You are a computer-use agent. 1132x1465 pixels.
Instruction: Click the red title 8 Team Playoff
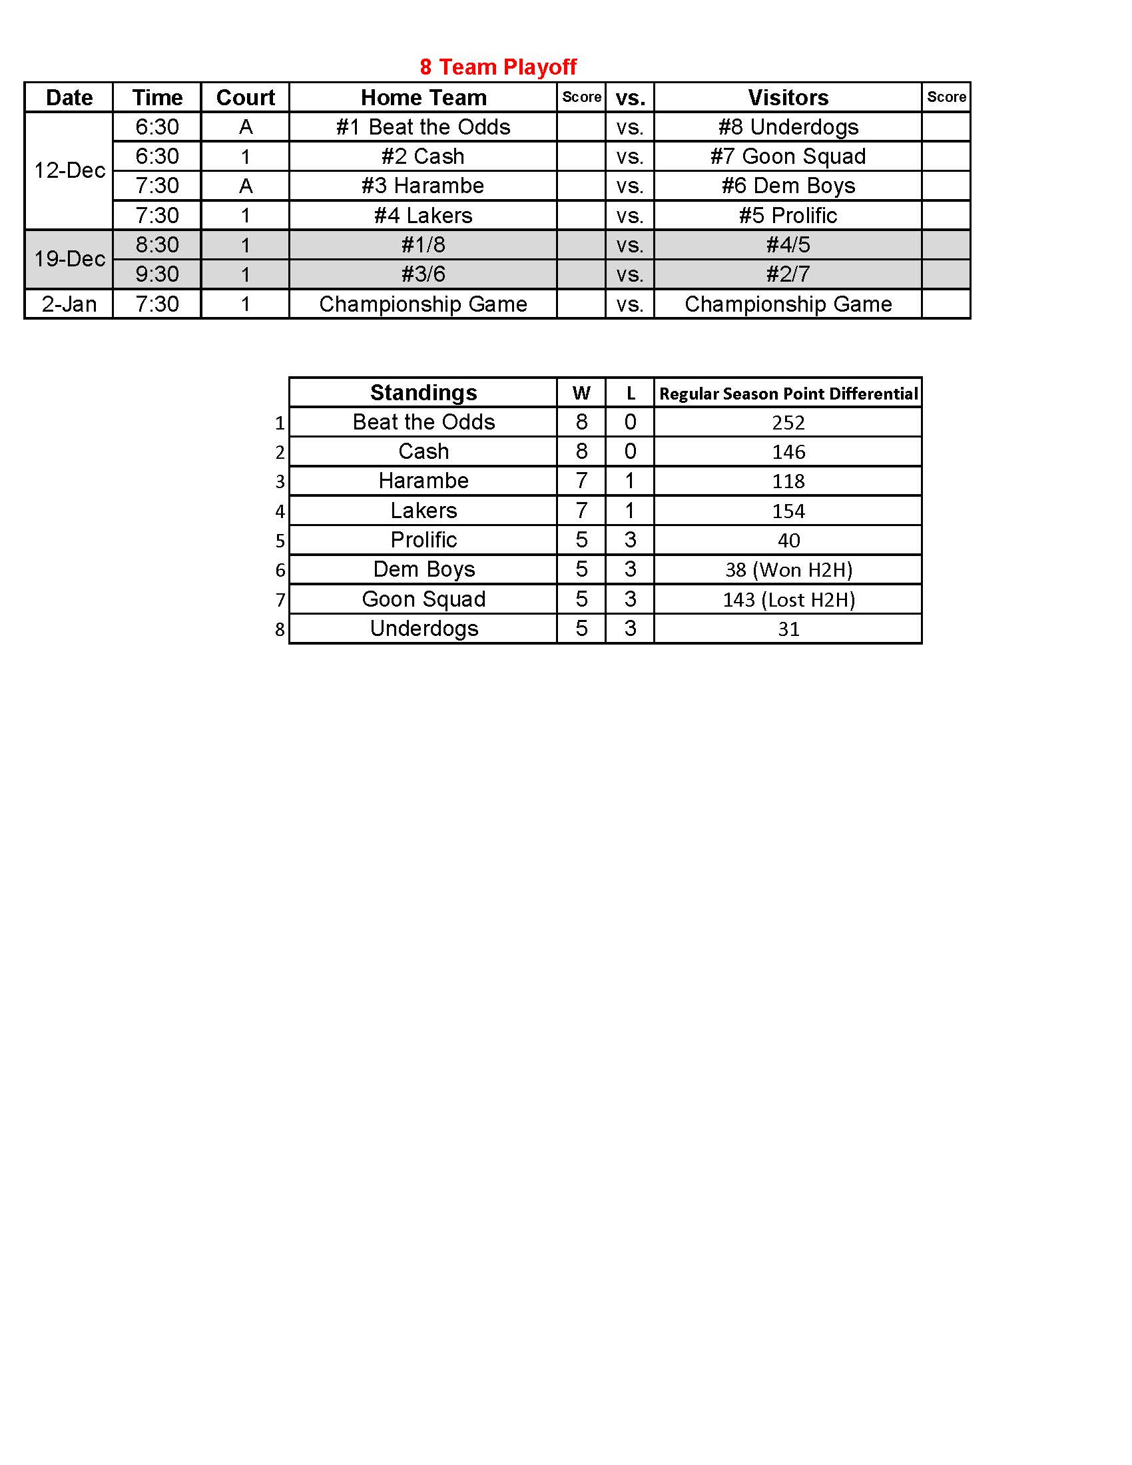tap(497, 67)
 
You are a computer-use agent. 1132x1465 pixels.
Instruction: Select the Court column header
tap(246, 98)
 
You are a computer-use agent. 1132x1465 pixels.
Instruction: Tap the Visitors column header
tap(788, 98)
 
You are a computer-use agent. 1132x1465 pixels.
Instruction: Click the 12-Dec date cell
tap(70, 170)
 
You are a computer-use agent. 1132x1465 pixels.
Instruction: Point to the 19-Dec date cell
tap(70, 259)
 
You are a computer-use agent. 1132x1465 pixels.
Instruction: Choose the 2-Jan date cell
tap(69, 304)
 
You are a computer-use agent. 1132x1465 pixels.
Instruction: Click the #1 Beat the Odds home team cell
tap(423, 127)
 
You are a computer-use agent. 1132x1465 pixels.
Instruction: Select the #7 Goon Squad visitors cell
tap(788, 156)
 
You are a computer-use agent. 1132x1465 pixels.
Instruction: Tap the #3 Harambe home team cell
tap(423, 186)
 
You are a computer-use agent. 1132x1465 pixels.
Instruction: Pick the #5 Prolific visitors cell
tap(788, 215)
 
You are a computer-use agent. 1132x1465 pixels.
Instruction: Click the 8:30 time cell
tap(158, 245)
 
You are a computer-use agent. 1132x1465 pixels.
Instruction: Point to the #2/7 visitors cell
tap(788, 274)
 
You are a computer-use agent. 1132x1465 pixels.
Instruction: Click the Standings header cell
tap(423, 392)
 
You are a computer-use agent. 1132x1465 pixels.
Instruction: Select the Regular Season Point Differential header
tap(788, 394)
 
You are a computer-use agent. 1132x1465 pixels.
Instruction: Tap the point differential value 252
tap(788, 423)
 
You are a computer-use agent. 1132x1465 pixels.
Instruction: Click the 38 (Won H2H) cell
tap(788, 570)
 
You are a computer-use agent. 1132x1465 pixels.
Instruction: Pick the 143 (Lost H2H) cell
tap(788, 600)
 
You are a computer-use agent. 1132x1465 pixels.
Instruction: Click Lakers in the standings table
tap(423, 511)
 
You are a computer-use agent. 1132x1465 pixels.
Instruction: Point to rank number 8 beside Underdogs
tap(280, 630)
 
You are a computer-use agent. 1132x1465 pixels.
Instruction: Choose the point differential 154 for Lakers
tap(788, 511)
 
